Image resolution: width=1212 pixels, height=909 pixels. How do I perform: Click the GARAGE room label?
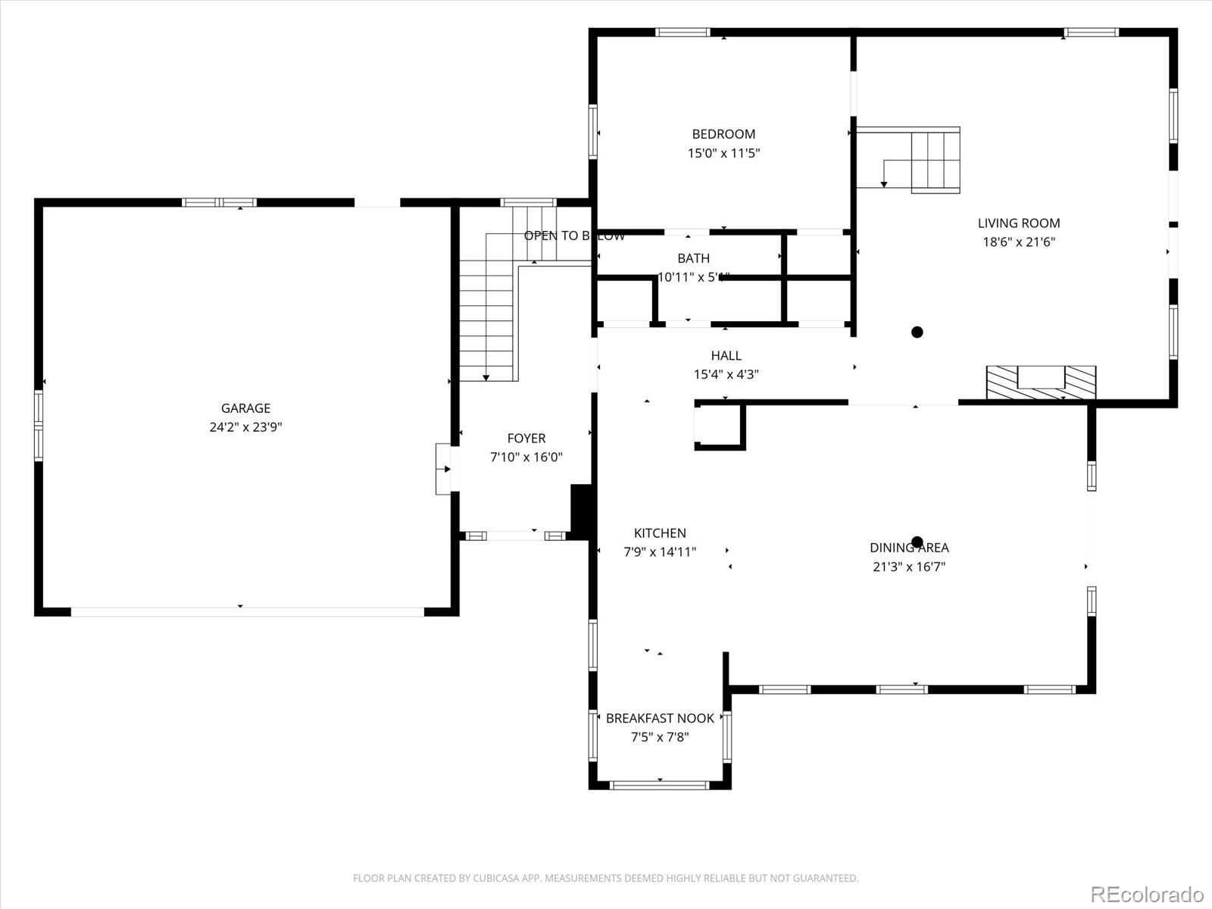pos(245,408)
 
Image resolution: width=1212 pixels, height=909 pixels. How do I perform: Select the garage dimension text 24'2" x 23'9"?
pos(245,427)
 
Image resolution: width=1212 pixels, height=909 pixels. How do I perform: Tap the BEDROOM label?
pos(723,134)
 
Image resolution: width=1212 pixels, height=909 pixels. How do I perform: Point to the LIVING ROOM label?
pos(1018,223)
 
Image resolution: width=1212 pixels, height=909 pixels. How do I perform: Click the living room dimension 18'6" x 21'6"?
pos(1018,242)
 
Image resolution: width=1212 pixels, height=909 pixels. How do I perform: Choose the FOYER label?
pos(526,438)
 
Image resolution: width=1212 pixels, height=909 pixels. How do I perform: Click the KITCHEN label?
pos(660,533)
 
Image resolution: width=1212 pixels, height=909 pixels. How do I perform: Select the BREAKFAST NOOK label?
pos(660,718)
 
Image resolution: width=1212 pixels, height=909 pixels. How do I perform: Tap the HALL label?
pos(726,355)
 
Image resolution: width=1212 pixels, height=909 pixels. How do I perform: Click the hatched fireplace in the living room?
pos(1041,382)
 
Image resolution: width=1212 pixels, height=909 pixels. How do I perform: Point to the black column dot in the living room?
pos(917,332)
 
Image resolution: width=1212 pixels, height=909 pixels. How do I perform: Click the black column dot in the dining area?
pos(917,542)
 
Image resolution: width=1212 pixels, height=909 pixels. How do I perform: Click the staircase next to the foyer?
pos(488,318)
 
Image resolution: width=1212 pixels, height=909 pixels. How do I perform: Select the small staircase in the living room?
pos(935,161)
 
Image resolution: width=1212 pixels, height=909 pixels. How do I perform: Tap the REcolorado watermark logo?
pos(1147,894)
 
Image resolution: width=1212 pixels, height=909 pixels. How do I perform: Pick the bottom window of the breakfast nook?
pos(660,785)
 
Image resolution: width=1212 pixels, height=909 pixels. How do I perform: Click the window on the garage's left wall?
pos(39,425)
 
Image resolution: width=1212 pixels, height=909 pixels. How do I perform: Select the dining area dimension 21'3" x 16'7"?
pos(909,567)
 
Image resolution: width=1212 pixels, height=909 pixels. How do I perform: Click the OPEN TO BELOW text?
pos(574,236)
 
